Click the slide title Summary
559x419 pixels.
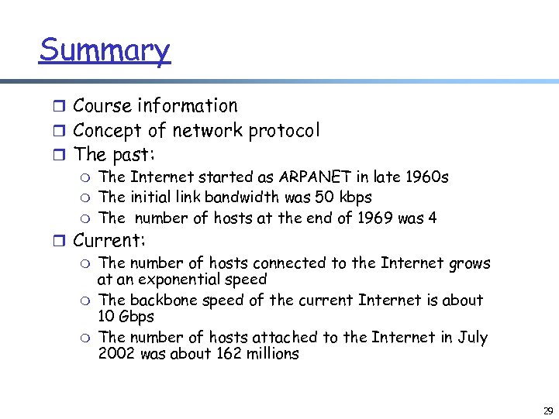click(104, 51)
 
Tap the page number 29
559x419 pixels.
click(548, 410)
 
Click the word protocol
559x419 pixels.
click(284, 131)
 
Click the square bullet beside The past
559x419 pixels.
click(63, 156)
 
